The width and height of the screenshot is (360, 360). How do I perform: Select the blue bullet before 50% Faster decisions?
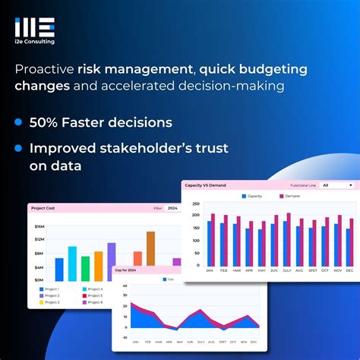[17, 122]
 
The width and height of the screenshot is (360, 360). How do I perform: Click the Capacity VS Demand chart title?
[204, 185]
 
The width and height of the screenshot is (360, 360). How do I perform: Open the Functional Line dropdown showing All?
[336, 185]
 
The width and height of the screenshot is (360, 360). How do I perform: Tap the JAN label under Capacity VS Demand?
[209, 270]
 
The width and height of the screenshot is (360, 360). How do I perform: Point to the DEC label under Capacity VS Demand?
[349, 270]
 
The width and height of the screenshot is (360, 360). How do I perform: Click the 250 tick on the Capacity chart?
[195, 204]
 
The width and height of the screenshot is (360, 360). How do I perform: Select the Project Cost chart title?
[44, 207]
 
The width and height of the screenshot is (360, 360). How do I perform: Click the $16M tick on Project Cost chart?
[39, 226]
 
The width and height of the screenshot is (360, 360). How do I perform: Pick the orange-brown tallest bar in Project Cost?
[150, 248]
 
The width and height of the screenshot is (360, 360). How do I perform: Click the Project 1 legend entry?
[52, 289]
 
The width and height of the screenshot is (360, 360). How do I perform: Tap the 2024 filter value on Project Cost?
[172, 207]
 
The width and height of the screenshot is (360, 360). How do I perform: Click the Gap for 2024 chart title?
[127, 270]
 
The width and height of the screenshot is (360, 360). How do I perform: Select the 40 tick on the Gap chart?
[124, 286]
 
